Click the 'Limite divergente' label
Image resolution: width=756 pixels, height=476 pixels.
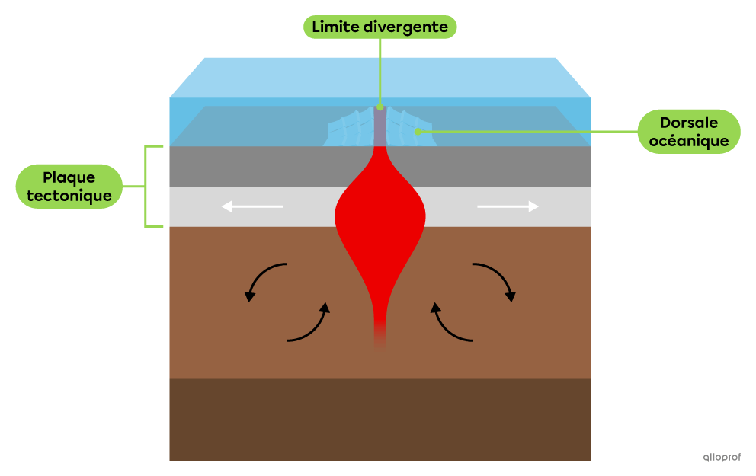point(380,27)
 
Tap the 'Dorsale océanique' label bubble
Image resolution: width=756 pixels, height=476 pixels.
point(688,132)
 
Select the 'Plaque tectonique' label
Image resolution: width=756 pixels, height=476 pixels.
point(69,187)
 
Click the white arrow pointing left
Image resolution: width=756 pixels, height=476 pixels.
point(251,206)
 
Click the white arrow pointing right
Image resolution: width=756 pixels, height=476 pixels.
point(508,206)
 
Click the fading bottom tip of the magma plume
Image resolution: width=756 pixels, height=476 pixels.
point(380,339)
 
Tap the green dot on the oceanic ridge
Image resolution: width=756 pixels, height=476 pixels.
point(417,132)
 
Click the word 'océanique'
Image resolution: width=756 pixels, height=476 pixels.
point(689,141)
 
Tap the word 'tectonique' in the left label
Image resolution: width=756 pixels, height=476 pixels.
point(69,196)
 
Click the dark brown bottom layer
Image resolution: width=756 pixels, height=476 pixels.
point(380,419)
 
